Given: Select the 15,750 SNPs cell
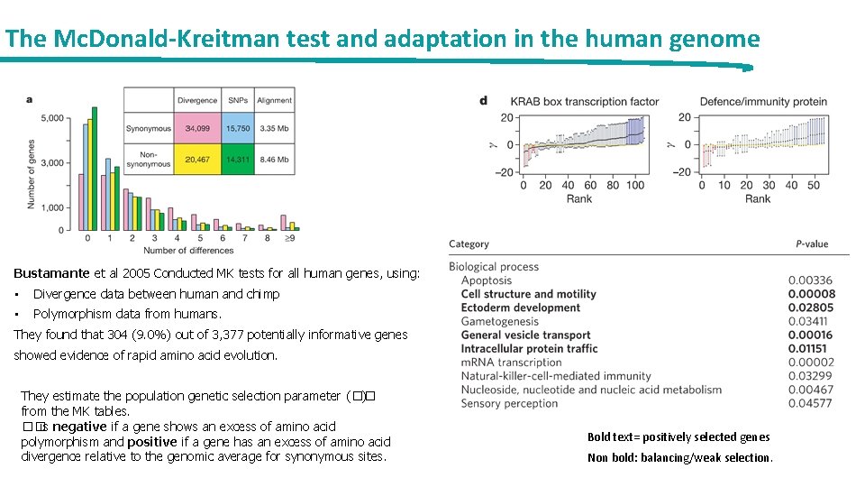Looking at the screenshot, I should click(x=237, y=129).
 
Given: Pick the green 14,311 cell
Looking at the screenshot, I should click(x=237, y=160).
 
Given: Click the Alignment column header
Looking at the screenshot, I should click(x=274, y=100).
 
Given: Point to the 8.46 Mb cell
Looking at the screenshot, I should click(x=274, y=160).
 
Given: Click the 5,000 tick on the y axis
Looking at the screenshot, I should click(x=51, y=118).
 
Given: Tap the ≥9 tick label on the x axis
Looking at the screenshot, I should click(x=287, y=239).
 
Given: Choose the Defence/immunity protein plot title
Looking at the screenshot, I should click(x=763, y=102).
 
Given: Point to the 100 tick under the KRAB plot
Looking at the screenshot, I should click(x=634, y=186).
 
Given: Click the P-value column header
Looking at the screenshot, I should click(x=811, y=244).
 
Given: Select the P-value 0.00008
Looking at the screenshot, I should click(x=811, y=294).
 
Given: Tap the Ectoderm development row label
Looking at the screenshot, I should click(x=521, y=308).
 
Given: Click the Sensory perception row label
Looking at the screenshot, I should click(x=509, y=403).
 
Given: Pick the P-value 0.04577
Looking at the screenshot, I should click(x=811, y=403).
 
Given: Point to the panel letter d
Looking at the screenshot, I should click(x=484, y=101).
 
